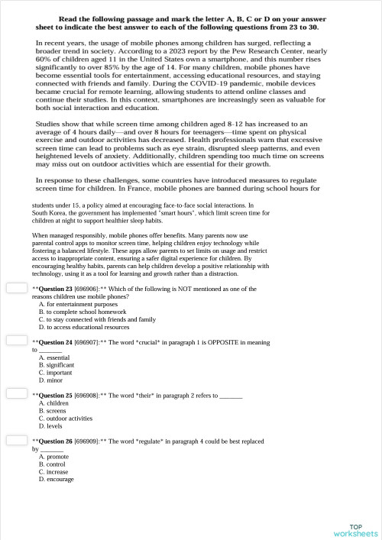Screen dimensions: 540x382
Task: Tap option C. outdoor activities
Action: (65, 419)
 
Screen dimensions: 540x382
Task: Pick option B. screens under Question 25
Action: (53, 411)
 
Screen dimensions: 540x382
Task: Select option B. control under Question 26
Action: (53, 464)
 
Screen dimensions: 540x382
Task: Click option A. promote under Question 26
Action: (53, 456)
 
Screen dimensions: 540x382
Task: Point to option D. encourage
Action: (57, 479)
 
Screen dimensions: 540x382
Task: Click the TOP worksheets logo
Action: (355, 529)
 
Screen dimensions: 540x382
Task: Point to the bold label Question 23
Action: (55, 289)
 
